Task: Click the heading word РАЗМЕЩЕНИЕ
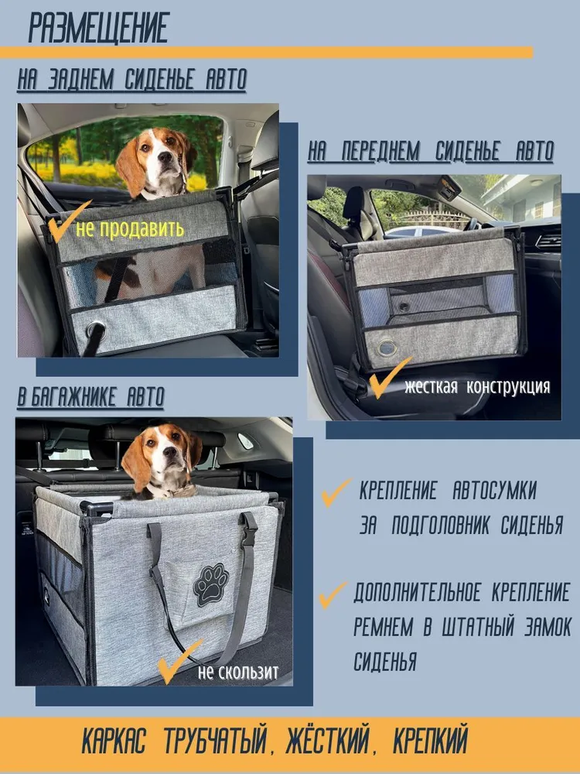[99, 28]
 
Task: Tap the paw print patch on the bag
[211, 584]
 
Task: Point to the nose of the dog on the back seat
[165, 156]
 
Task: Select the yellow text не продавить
[130, 228]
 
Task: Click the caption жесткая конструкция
[477, 386]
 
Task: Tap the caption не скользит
[237, 671]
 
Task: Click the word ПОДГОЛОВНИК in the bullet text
[442, 526]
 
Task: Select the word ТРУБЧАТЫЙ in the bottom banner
[215, 741]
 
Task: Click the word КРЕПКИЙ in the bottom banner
[430, 741]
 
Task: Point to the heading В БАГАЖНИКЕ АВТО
[90, 397]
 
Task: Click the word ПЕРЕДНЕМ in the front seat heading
[380, 151]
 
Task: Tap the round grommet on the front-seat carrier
[387, 348]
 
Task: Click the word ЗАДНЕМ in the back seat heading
[81, 80]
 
